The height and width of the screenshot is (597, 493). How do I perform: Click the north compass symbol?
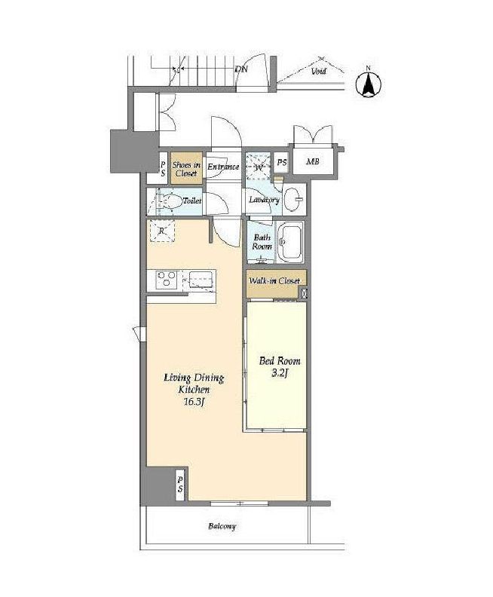coord(368,84)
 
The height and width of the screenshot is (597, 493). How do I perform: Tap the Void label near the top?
coord(319,71)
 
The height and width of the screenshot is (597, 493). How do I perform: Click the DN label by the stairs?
coord(241,69)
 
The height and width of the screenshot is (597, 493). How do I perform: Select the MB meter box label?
coord(313,161)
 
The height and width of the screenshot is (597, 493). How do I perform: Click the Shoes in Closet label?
coord(186,169)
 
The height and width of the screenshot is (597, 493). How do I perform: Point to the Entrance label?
coord(223,167)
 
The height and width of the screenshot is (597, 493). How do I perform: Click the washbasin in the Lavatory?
coord(293,199)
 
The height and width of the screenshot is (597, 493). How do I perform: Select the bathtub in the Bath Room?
coord(289,242)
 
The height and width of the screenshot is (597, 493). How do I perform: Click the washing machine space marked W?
coord(258,167)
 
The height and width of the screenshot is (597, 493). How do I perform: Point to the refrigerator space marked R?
coord(162,231)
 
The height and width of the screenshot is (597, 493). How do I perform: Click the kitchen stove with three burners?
coord(167,278)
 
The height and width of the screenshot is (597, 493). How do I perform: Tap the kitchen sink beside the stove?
coord(200,281)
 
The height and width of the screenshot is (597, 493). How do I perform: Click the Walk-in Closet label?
coord(274,281)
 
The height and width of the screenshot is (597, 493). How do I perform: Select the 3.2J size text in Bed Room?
coord(279,373)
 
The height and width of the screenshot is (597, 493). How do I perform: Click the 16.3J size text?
coord(194,402)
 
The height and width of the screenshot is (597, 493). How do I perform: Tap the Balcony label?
coord(222,526)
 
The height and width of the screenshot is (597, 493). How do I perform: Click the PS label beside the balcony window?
coord(180,484)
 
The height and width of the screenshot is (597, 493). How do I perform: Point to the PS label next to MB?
coord(282,162)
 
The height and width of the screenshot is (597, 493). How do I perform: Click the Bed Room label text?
coord(280,360)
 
